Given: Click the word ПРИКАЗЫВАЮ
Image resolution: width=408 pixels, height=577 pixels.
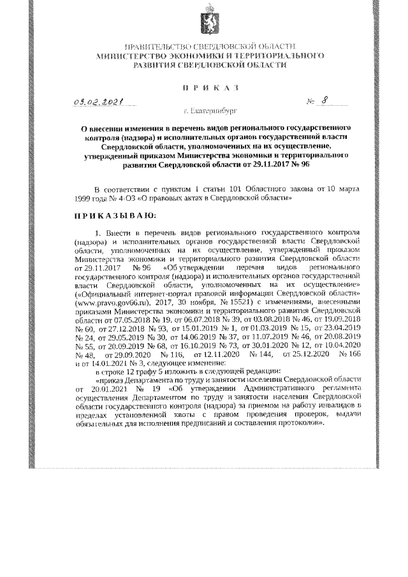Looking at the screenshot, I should pos(111,215).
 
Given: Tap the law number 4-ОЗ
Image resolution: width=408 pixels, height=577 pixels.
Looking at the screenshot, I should pos(122,198).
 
